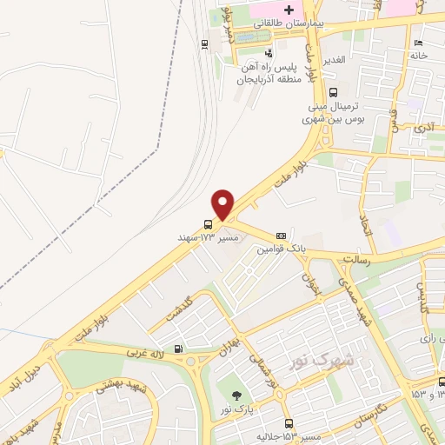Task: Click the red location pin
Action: (224, 203)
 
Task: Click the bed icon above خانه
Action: (419, 43)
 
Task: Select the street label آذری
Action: (424, 128)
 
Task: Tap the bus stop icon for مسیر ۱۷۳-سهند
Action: (207, 224)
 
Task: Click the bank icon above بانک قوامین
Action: (281, 235)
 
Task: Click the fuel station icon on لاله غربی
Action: (178, 349)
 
